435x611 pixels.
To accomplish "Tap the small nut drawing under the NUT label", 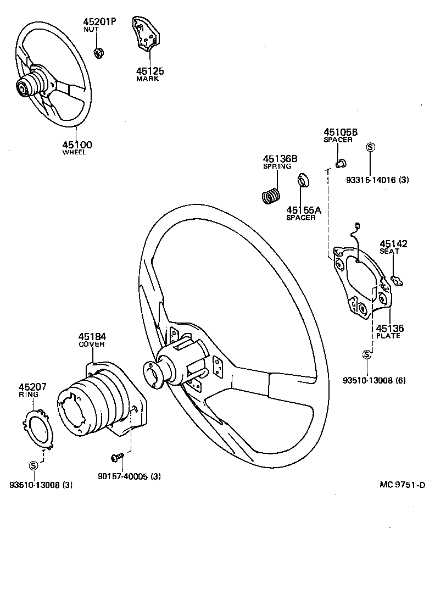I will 99,53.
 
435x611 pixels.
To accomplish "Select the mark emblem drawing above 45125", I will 145,35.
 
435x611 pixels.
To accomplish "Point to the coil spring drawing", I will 270,196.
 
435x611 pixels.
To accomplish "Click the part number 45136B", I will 280,159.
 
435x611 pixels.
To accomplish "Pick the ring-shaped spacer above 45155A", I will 302,181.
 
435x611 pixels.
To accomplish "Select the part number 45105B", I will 341,132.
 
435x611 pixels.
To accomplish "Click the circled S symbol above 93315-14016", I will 370,147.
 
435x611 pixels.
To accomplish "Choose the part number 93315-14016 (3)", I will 377,180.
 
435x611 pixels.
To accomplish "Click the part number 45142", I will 394,244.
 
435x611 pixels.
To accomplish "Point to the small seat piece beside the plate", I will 397,281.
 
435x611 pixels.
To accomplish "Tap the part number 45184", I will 92,336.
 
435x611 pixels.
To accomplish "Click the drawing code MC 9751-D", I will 403,484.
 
